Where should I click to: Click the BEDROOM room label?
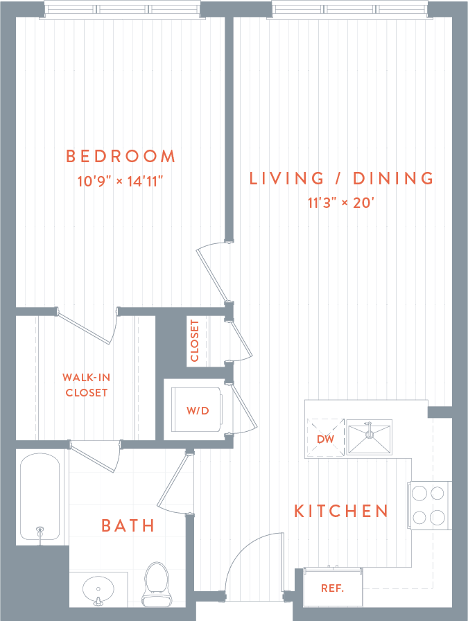(x=121, y=156)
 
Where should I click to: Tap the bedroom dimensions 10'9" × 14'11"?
(x=121, y=182)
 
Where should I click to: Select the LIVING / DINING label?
(x=342, y=178)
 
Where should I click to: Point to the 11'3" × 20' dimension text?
(x=342, y=204)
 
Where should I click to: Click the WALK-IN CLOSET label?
(x=87, y=385)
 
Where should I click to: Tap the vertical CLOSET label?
(x=195, y=340)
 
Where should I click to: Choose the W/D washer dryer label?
(x=198, y=410)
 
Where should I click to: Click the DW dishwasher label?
(x=326, y=439)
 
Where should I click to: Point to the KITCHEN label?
(x=342, y=511)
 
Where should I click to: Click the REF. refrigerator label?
(x=333, y=588)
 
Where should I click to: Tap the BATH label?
(x=128, y=525)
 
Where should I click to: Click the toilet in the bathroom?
(x=156, y=582)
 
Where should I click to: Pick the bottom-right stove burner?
(x=437, y=517)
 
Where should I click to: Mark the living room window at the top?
(x=349, y=9)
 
